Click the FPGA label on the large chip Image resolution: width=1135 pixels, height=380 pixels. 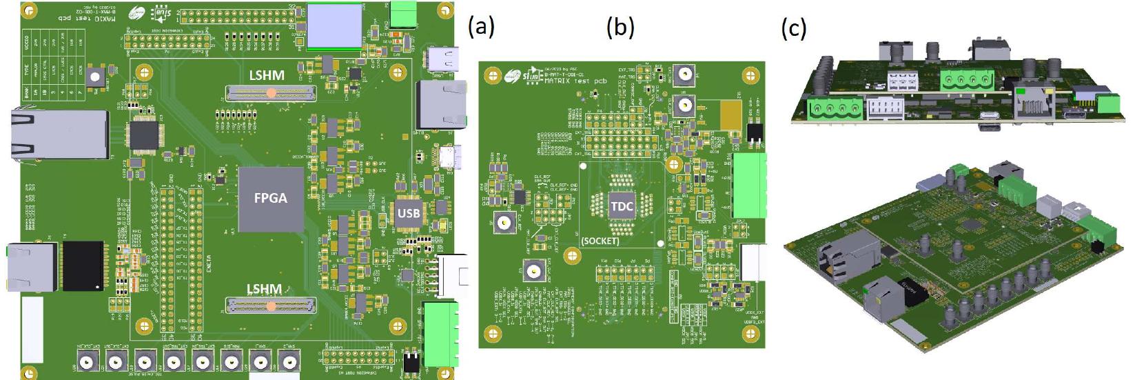click(x=270, y=198)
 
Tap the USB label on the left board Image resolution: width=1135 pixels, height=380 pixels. click(x=408, y=213)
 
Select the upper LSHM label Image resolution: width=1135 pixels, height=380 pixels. click(x=266, y=74)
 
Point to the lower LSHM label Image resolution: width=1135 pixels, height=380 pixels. click(x=264, y=289)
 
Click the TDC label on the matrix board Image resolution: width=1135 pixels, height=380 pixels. click(x=622, y=206)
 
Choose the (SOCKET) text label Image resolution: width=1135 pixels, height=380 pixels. click(x=600, y=241)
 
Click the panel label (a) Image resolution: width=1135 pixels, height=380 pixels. click(x=481, y=27)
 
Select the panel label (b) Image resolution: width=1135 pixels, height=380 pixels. click(x=620, y=27)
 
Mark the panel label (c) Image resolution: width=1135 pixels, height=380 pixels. click(x=794, y=28)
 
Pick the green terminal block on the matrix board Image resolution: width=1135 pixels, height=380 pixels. click(x=750, y=185)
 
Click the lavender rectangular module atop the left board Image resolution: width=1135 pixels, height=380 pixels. click(x=334, y=26)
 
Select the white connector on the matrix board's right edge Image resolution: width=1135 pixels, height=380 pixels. click(x=753, y=262)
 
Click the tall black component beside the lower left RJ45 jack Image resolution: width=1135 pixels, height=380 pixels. click(x=83, y=266)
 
